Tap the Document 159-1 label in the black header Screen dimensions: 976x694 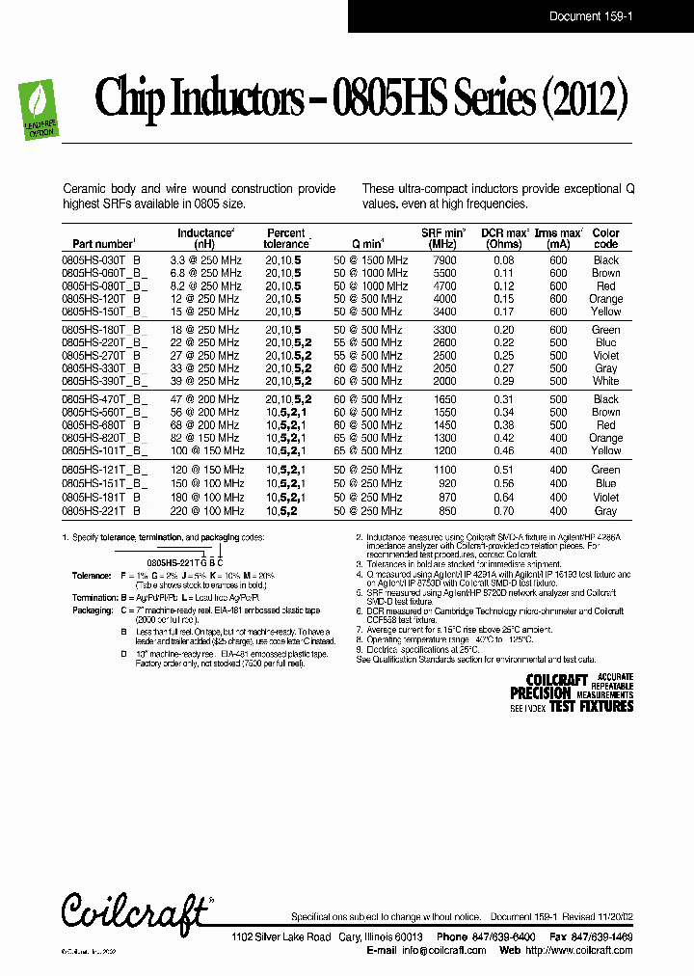588,16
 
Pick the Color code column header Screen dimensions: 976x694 606,238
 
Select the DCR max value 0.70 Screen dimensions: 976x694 504,511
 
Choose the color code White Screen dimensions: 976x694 606,381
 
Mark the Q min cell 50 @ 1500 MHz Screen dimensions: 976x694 370,260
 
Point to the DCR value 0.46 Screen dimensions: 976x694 504,450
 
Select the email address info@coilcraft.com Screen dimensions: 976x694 444,950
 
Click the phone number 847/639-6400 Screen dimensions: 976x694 499,937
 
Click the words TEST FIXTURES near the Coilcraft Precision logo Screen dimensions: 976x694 591,707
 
